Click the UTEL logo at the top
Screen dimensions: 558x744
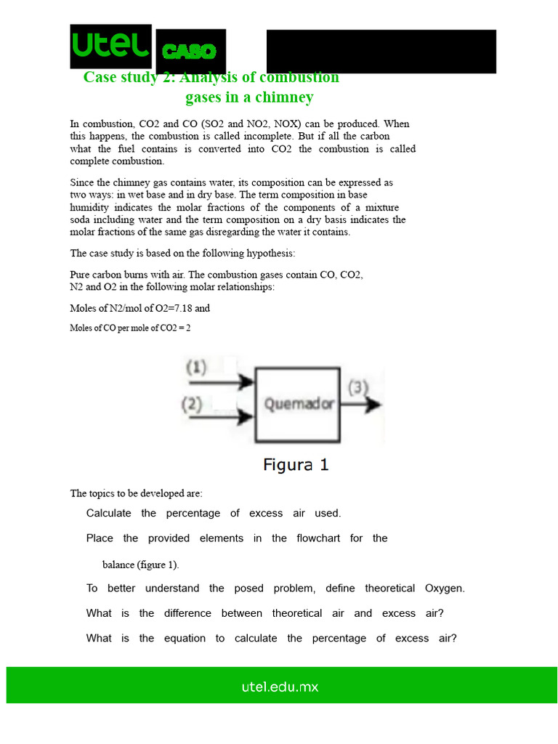110,46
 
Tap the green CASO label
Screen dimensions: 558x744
189,52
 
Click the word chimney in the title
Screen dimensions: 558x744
288,97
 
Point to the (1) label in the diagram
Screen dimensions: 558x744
196,368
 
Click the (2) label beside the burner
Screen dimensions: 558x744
193,404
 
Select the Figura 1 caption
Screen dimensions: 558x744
296,464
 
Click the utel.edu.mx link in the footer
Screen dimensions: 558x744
280,686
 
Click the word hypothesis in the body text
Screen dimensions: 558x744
264,254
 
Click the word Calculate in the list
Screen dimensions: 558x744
108,513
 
